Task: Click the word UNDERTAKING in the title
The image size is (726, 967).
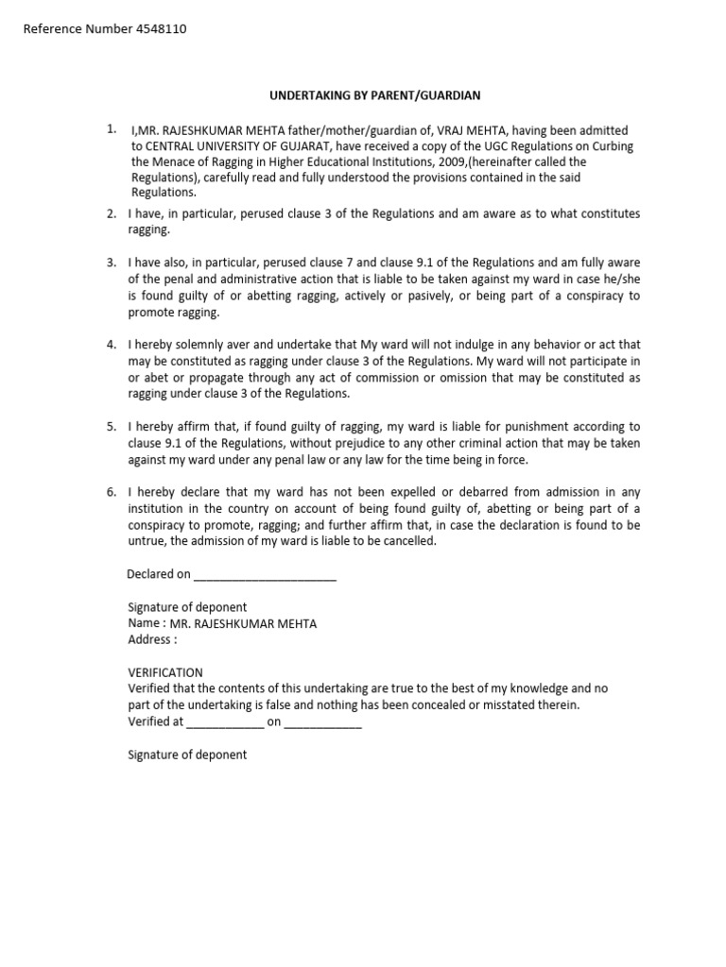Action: click(x=308, y=96)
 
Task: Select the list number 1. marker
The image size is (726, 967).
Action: click(x=112, y=128)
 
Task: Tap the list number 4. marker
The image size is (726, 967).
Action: click(x=112, y=346)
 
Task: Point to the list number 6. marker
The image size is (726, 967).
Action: click(x=112, y=492)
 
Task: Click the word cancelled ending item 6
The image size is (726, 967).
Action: click(x=407, y=541)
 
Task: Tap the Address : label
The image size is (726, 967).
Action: click(x=152, y=639)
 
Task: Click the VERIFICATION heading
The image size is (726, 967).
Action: click(x=165, y=672)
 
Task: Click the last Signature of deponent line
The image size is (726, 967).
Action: click(x=187, y=755)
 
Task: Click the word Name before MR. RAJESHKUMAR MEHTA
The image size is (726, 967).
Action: click(x=144, y=623)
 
